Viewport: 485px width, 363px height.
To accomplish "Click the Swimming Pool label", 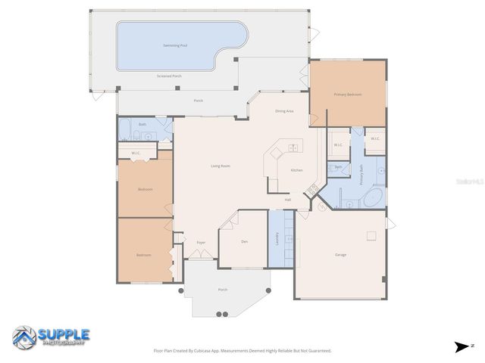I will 175,45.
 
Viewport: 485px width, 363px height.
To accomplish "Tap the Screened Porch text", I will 169,76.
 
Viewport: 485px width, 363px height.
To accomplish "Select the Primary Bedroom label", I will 348,95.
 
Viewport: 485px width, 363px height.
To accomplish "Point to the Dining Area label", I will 284,111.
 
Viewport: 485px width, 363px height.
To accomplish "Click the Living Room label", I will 220,166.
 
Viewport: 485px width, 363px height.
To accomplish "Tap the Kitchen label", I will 296,170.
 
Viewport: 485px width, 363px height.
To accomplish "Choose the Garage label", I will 340,254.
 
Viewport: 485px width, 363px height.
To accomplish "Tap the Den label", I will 244,241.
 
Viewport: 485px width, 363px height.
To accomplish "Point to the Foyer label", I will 201,242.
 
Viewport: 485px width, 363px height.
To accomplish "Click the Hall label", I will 288,200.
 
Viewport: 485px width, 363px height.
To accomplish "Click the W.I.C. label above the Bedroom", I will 136,154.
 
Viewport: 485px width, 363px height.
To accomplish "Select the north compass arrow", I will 462,346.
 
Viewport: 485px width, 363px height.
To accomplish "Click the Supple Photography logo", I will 52,337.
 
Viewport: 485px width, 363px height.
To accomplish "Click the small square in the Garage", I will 371,235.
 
